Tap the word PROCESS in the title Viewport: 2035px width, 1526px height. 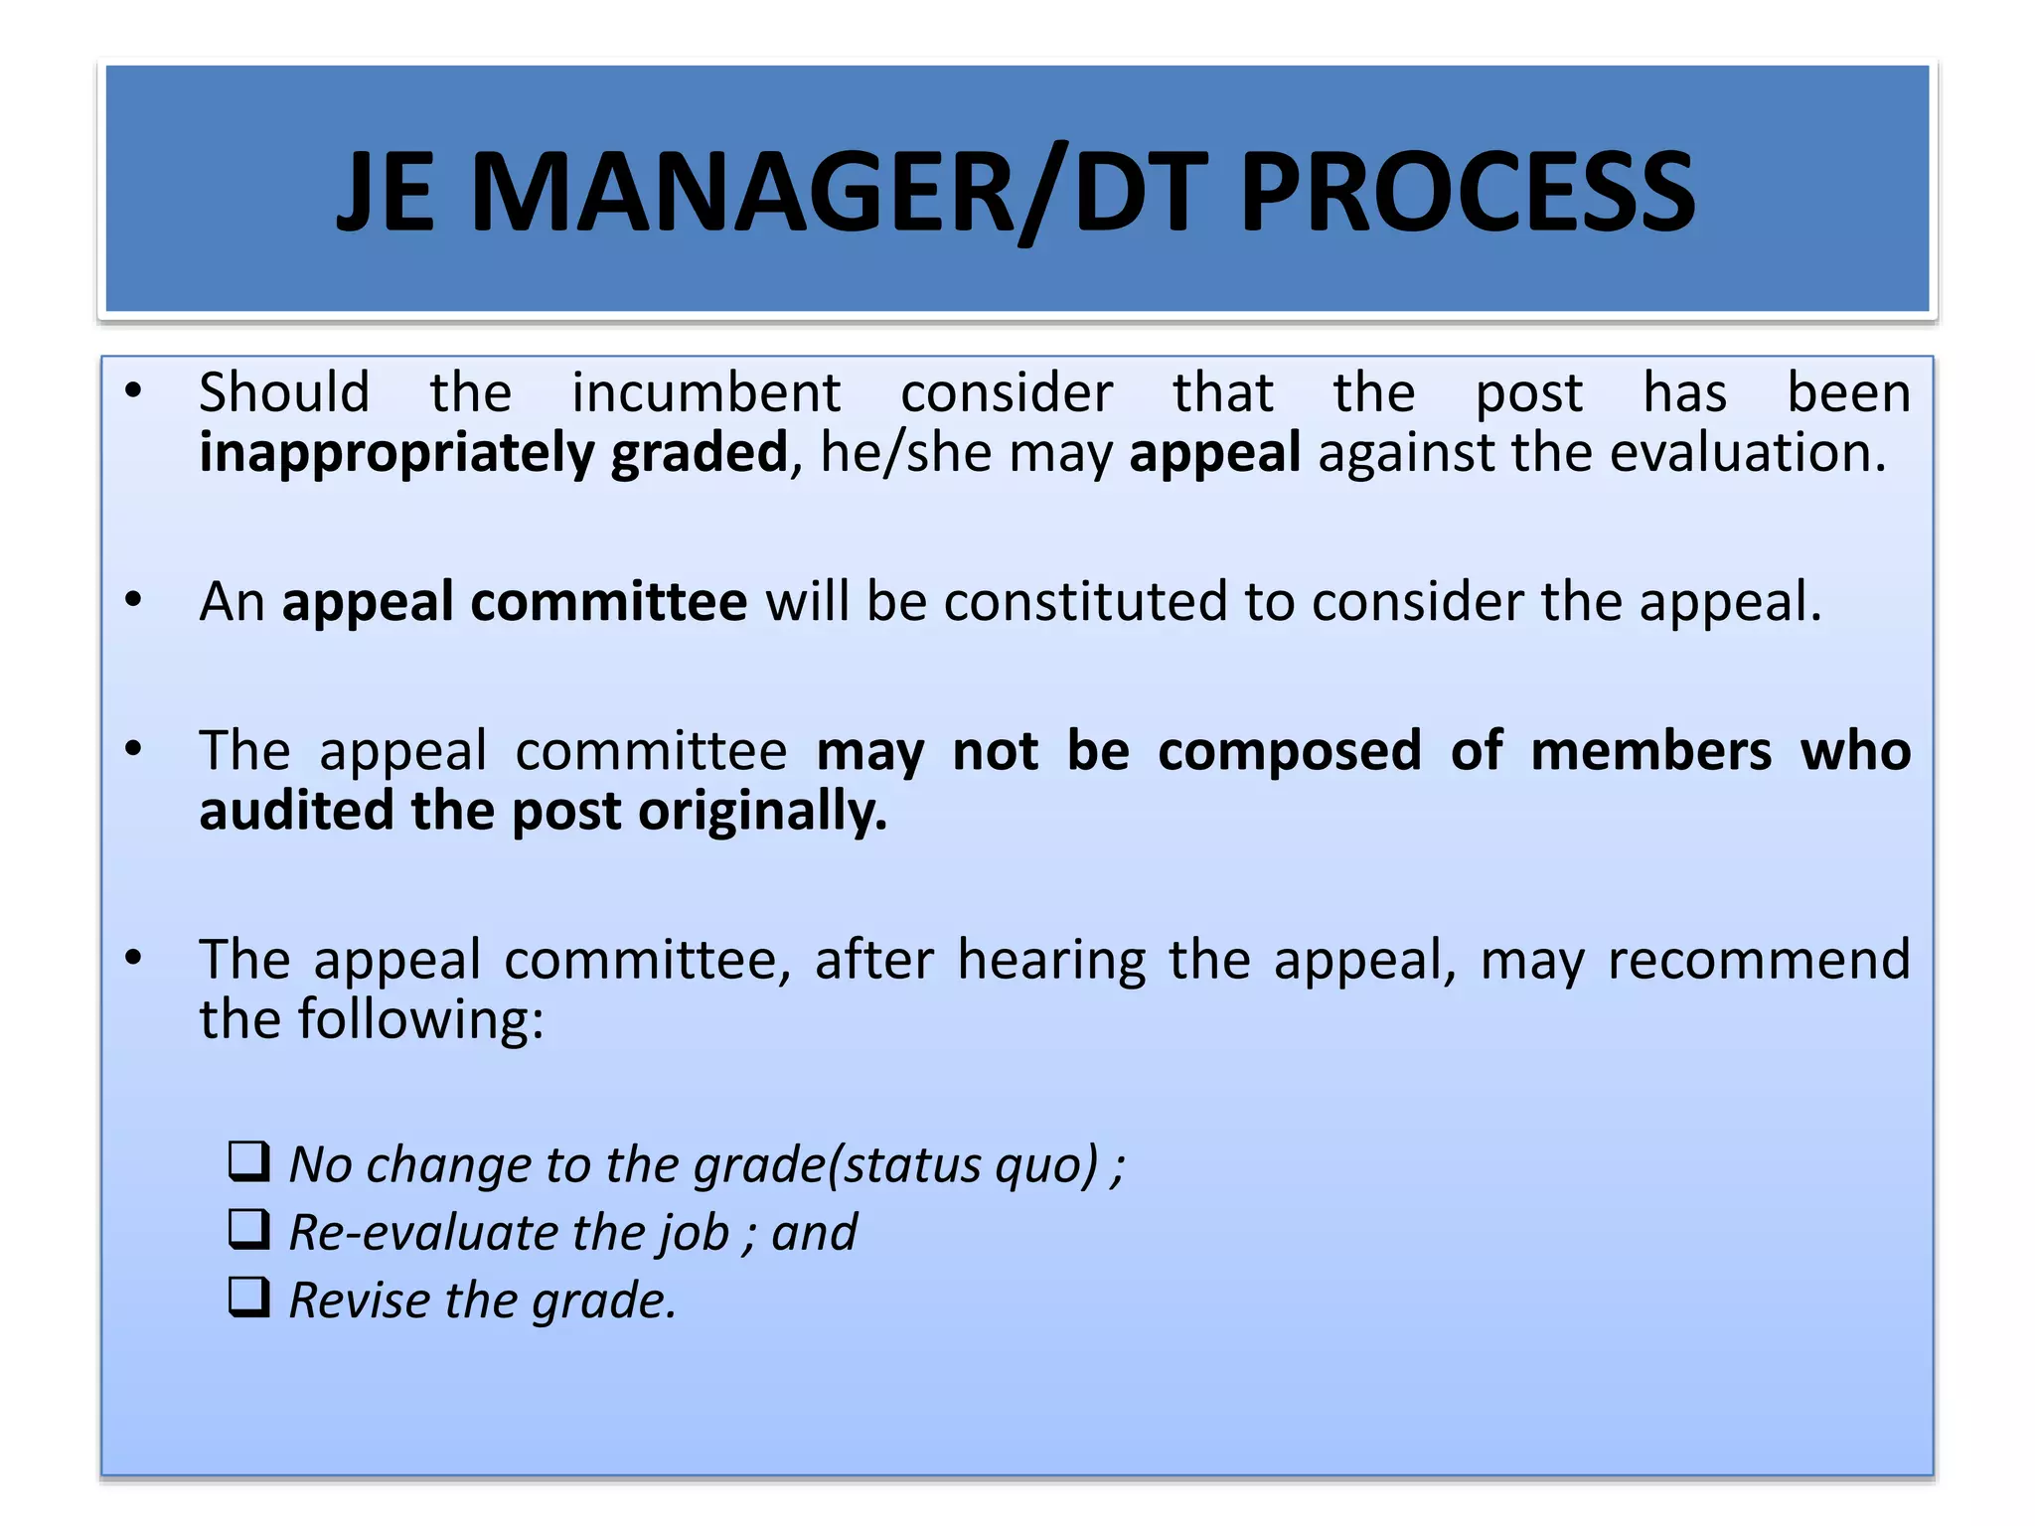pyautogui.click(x=1468, y=193)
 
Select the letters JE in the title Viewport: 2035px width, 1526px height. pyautogui.click(x=386, y=193)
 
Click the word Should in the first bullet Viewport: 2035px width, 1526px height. pyautogui.click(x=284, y=392)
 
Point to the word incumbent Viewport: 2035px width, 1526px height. pyautogui.click(x=706, y=392)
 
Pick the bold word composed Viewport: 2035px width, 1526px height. pyautogui.click(x=1289, y=751)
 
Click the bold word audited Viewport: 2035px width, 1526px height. pyautogui.click(x=297, y=812)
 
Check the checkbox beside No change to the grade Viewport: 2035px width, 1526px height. pyautogui.click(x=249, y=1160)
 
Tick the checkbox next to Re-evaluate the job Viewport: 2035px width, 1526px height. pyautogui.click(x=249, y=1229)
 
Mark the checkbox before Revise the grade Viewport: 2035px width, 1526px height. pyautogui.click(x=249, y=1297)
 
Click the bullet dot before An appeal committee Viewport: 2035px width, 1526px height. pyautogui.click(x=134, y=600)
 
